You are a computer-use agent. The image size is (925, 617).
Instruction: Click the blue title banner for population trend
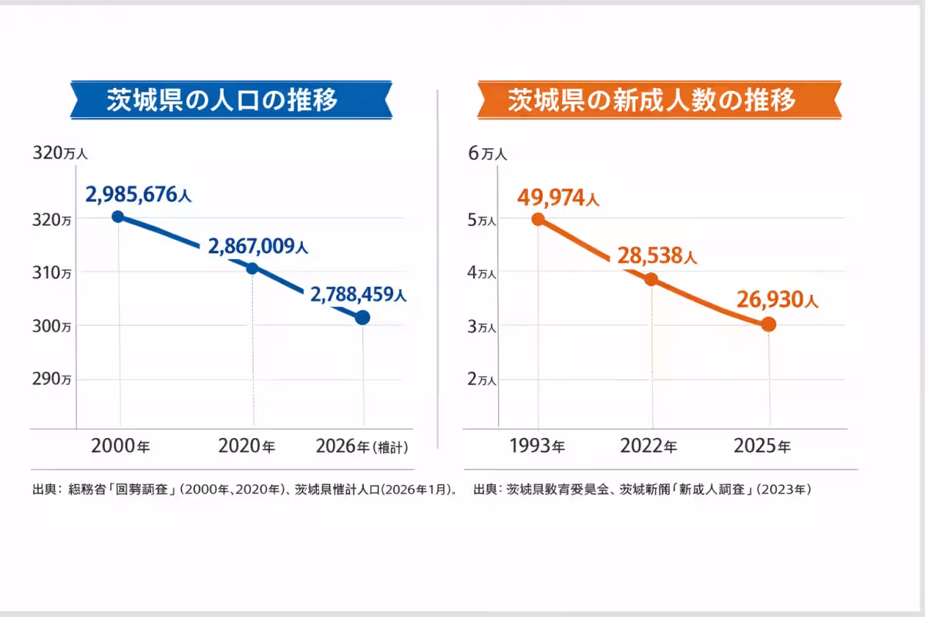(x=231, y=99)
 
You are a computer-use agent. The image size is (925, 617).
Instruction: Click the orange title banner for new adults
(x=659, y=99)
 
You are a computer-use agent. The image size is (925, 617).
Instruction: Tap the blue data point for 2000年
(x=118, y=217)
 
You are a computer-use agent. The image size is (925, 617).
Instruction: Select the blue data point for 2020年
(x=252, y=268)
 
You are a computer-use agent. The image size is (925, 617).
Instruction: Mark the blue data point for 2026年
(x=363, y=317)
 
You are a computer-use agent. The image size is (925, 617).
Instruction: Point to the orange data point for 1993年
(x=538, y=219)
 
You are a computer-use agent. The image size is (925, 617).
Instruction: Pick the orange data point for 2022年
(x=651, y=279)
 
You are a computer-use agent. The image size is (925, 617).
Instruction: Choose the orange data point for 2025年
(x=768, y=325)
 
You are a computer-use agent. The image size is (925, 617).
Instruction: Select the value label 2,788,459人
(x=358, y=294)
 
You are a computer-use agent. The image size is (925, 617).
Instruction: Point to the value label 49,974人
(x=558, y=198)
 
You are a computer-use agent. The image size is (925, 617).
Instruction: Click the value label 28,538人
(x=656, y=256)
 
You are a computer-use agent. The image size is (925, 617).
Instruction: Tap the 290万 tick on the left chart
(x=52, y=379)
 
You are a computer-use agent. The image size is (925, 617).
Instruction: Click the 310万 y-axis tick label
(x=52, y=272)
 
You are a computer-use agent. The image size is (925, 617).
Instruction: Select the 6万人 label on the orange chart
(x=488, y=153)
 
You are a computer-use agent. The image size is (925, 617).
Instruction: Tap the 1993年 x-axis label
(x=537, y=446)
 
